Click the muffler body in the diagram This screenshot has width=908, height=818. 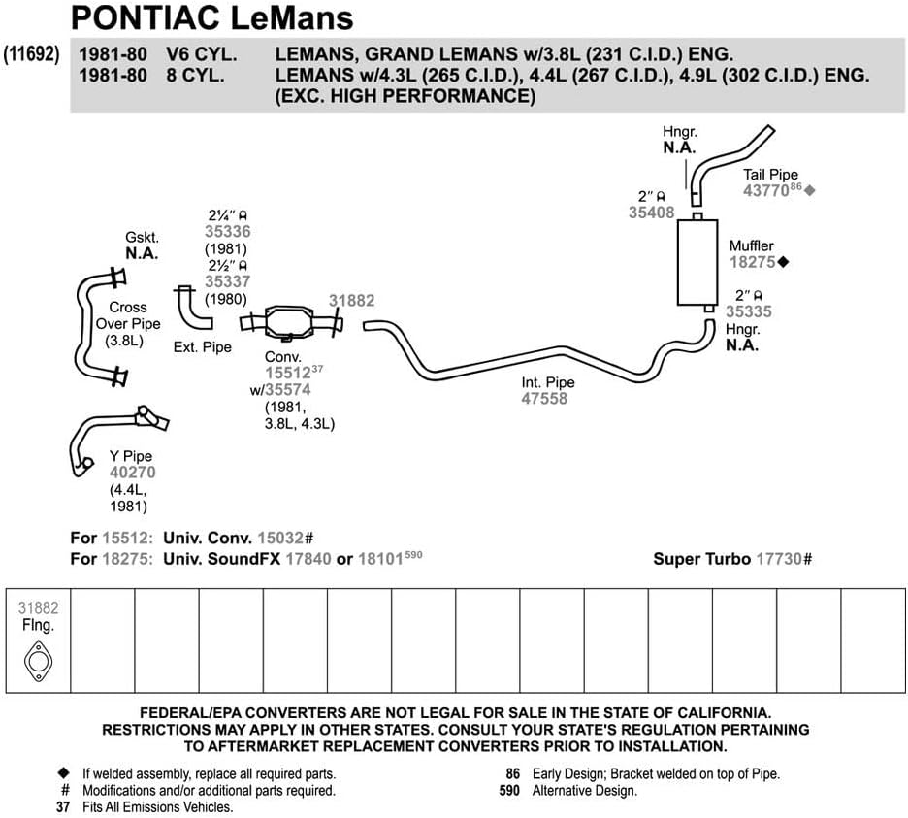tap(697, 262)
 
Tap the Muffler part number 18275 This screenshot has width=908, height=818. tap(752, 262)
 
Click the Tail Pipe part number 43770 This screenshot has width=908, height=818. tap(765, 190)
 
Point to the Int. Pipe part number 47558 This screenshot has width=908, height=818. tap(544, 399)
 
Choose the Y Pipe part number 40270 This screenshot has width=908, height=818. tap(133, 473)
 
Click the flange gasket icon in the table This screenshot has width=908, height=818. tap(38, 661)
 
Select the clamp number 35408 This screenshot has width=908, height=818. tap(652, 213)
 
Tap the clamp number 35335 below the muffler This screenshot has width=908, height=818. tap(749, 311)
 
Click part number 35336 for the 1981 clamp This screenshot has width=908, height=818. tap(228, 232)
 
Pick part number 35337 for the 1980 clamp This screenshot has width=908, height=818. tap(228, 281)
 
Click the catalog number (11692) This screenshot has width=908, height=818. tap(31, 54)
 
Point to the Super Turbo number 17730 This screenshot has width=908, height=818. tap(779, 559)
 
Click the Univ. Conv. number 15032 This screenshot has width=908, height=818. tap(280, 539)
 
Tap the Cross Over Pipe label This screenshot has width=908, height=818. tap(128, 324)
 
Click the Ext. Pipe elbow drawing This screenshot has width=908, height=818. tap(193, 308)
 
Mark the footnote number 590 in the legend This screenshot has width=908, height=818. tap(509, 791)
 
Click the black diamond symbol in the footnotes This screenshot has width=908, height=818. tap(64, 773)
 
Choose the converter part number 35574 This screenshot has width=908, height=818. tap(288, 390)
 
